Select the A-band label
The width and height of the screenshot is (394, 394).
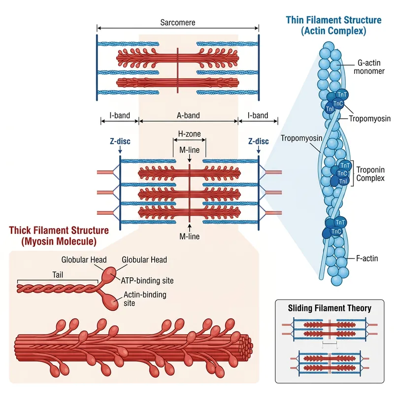click(x=189, y=116)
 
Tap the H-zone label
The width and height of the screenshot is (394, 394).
click(x=189, y=134)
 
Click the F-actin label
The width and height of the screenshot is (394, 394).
click(x=367, y=258)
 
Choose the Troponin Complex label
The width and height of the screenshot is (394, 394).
click(x=370, y=174)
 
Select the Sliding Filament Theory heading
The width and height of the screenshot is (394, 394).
click(x=329, y=309)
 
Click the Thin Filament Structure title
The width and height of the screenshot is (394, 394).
click(x=333, y=25)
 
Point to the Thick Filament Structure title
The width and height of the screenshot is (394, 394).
click(x=59, y=235)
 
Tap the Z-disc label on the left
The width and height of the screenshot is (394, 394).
click(x=120, y=141)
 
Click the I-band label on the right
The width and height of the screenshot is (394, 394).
click(x=258, y=116)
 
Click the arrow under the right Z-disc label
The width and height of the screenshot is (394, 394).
click(x=258, y=150)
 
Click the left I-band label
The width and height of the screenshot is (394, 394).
click(x=120, y=116)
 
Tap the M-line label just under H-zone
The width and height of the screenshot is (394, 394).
click(x=189, y=150)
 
